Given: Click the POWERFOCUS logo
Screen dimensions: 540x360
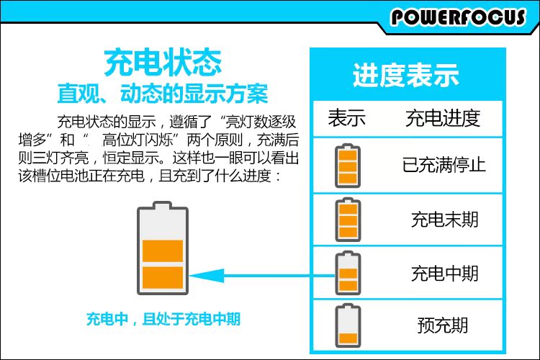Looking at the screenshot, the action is (458, 17).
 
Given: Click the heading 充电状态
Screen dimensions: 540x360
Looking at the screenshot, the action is (162, 63).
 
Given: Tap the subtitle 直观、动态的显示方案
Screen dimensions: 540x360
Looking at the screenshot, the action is (162, 94).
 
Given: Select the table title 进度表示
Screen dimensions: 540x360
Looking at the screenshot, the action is (405, 75).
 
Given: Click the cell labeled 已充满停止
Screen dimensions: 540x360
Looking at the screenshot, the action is (444, 165).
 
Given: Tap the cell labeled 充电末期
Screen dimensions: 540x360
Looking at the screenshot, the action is (444, 218).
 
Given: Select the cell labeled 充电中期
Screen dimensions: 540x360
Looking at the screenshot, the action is (444, 273).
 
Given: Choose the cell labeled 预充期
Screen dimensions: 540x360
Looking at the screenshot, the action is (444, 325).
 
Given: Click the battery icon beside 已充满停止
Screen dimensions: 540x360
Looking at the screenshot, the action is (347, 165).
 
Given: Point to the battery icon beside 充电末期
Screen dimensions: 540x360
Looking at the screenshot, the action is (347, 219).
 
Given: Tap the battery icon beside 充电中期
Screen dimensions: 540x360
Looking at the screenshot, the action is (347, 272).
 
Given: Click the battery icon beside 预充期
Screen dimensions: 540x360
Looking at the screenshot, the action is (347, 325).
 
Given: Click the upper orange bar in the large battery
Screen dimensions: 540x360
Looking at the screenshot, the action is (163, 250).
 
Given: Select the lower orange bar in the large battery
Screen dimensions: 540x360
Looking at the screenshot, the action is (163, 277).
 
